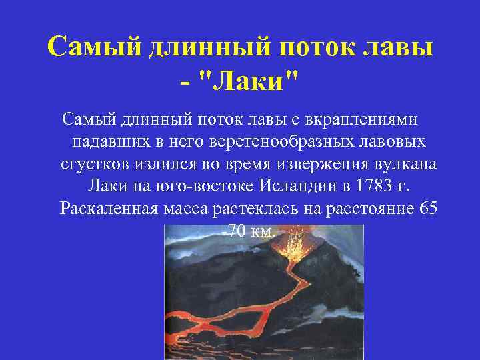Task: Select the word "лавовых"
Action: pyautogui.click(x=395, y=142)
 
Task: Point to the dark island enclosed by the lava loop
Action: pyautogui.click(x=220, y=313)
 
